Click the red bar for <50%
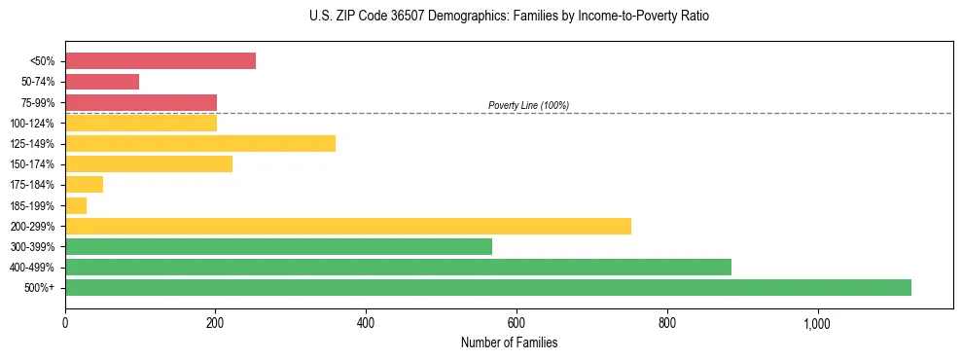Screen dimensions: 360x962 [160, 61]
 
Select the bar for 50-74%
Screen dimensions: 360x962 [102, 82]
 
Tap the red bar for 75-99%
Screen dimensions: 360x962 [141, 102]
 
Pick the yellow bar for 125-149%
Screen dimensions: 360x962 [200, 144]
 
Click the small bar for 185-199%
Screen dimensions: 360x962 [76, 205]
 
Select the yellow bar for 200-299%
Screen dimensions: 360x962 [348, 226]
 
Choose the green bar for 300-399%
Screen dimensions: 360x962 [278, 246]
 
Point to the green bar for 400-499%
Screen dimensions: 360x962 [398, 267]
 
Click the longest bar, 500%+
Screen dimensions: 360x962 [488, 287]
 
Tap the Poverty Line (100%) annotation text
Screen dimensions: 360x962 [528, 105]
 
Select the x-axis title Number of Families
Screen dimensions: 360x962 [509, 342]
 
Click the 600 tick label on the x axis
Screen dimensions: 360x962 [517, 323]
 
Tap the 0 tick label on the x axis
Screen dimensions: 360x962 [65, 323]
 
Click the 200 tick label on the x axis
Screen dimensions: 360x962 [215, 323]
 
